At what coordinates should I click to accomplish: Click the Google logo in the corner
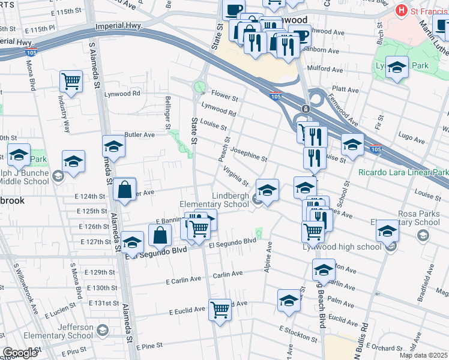click(x=20, y=353)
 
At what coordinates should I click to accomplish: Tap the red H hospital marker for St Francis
click(x=400, y=10)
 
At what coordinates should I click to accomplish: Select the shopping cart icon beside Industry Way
click(x=71, y=81)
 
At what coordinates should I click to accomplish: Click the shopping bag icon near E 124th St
click(x=124, y=190)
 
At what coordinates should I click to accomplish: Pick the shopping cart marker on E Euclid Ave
click(x=220, y=310)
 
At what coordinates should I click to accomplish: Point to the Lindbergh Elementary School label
click(x=214, y=200)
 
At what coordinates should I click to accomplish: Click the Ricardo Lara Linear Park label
click(x=403, y=172)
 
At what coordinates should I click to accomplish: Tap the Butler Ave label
click(x=139, y=135)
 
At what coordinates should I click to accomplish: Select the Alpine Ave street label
click(x=269, y=256)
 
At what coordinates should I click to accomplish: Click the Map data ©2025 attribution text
click(x=423, y=355)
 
